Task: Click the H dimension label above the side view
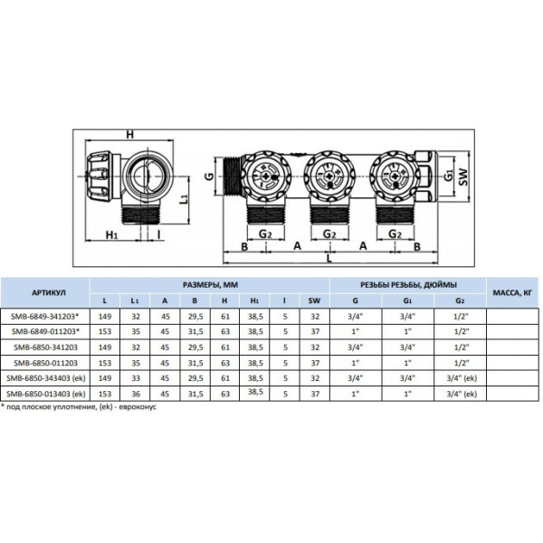[130, 135]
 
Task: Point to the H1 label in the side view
[112, 236]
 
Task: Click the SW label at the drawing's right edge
[468, 180]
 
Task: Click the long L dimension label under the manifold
[329, 261]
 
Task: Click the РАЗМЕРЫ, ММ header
[208, 283]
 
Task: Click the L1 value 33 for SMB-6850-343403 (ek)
[135, 378]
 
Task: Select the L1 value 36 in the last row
[135, 394]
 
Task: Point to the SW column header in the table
[314, 300]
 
